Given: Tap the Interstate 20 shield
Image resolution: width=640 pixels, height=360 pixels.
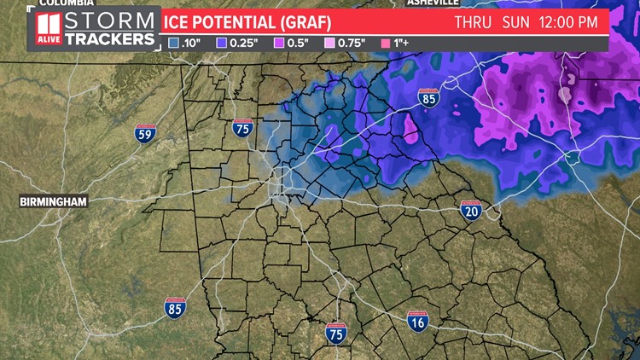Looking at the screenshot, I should point(472,210).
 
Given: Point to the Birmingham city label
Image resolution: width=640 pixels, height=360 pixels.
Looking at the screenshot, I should point(54,202).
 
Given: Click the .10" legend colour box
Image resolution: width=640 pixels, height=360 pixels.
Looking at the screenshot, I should point(174,42).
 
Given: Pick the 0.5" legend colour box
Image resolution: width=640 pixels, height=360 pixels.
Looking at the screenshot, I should point(277,42).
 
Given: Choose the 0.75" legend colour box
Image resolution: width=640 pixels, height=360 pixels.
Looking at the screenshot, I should point(330,42).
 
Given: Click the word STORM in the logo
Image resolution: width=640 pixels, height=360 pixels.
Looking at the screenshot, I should point(111,21).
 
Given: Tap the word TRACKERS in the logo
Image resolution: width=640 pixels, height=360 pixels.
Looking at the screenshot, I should point(111,39).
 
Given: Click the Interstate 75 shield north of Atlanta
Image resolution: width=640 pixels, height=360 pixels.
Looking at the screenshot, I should point(241,128).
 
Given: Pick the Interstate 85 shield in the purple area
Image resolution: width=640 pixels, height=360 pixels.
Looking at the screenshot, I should point(430,100).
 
